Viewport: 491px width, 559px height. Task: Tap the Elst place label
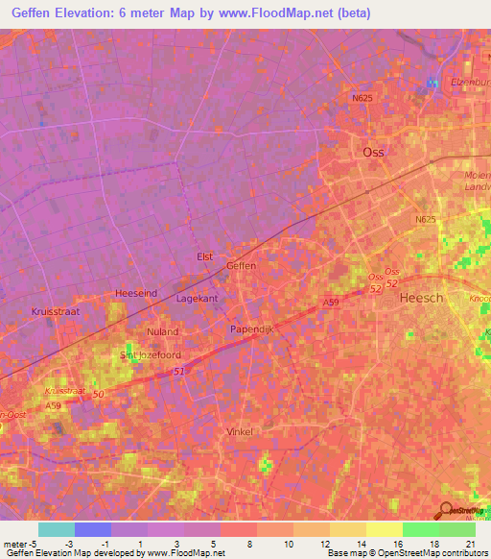pyautogui.click(x=204, y=256)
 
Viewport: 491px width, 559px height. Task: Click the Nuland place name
pyautogui.click(x=162, y=331)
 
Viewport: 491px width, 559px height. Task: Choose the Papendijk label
pyautogui.click(x=252, y=328)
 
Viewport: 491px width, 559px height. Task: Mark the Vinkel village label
pyautogui.click(x=239, y=431)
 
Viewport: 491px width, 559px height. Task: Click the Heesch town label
pyautogui.click(x=421, y=298)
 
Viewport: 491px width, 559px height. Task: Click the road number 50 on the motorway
pyautogui.click(x=98, y=395)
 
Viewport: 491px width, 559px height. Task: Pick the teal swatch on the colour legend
pyautogui.click(x=57, y=529)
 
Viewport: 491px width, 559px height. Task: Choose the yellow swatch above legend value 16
pyautogui.click(x=384, y=529)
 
